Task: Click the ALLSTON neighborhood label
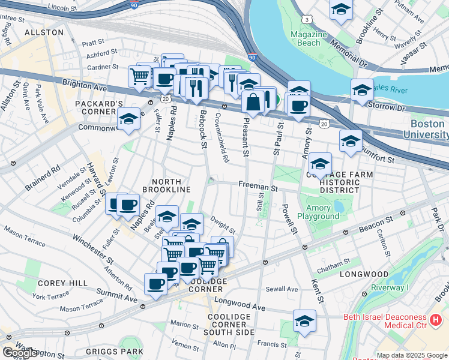[44, 32]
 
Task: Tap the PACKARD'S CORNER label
[99, 107]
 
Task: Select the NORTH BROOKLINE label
[166, 185]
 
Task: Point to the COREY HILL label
[55, 283]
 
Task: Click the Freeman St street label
[258, 188]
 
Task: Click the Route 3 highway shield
[307, 20]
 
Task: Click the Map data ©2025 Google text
[412, 355]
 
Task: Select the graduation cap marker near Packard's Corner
[129, 119]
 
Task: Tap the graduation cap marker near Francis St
[305, 321]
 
